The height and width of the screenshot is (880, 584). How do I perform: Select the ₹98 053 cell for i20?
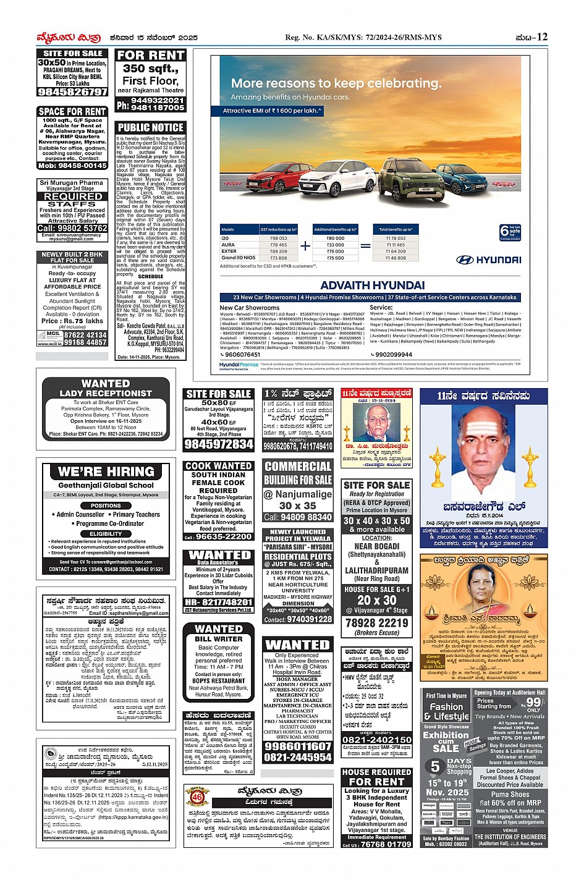point(279,238)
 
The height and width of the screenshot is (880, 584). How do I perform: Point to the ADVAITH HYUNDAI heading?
point(372,286)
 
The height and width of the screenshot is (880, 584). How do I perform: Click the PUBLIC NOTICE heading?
point(150,128)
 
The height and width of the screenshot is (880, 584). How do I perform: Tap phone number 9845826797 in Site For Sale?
point(73,92)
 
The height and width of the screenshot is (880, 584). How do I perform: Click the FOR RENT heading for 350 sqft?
point(150,56)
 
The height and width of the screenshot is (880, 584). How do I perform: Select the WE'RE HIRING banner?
point(106,472)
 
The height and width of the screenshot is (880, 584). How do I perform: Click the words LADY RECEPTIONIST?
point(105,393)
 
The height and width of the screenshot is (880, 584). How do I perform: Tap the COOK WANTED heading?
point(218,466)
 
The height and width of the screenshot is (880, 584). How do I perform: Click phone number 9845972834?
point(219,444)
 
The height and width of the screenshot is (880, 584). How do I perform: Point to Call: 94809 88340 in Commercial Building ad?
point(298,517)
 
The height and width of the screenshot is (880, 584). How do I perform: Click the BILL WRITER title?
point(218,639)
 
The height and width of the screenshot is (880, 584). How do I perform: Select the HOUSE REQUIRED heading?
point(376,772)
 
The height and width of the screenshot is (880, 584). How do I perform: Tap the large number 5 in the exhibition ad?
point(435,766)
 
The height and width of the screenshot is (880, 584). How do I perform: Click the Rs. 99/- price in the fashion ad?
point(535,702)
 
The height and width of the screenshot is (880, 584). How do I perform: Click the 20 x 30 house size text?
point(376,600)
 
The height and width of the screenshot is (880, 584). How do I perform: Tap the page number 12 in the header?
point(542,37)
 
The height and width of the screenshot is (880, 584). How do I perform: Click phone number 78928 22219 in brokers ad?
point(376,623)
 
